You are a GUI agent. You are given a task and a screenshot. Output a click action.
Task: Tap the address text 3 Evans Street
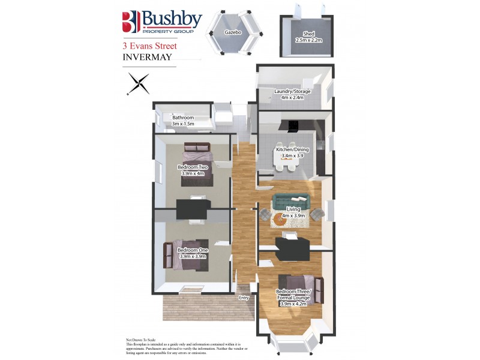click(x=149, y=46)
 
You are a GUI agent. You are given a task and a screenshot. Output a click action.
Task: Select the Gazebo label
click(x=233, y=32)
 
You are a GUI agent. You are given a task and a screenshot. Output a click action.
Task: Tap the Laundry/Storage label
click(x=292, y=91)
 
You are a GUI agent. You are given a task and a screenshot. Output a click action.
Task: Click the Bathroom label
click(x=182, y=118)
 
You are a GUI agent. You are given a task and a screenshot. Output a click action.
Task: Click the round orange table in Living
click(x=280, y=220)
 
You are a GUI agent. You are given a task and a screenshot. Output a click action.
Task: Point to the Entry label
click(x=244, y=297)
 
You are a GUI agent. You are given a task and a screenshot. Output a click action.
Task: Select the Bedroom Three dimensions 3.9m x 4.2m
click(x=293, y=304)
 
